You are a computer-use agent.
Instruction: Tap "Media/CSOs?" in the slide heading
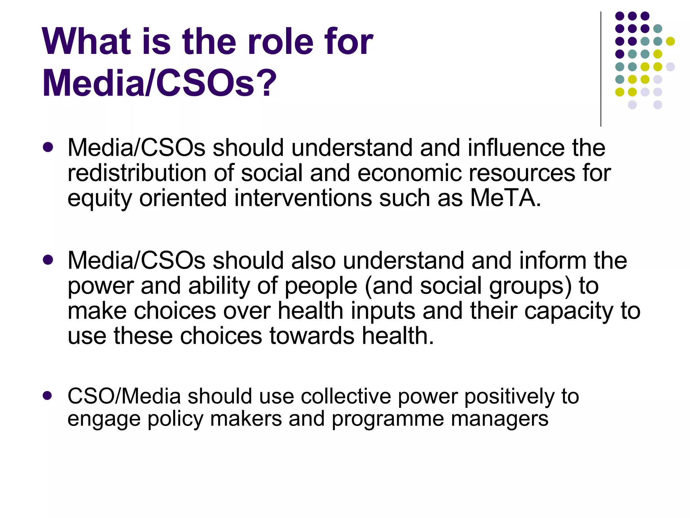[x=159, y=83]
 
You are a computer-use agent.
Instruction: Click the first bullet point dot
[x=48, y=147]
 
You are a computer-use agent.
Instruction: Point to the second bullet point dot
[x=48, y=260]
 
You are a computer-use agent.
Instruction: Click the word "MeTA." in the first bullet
[x=505, y=198]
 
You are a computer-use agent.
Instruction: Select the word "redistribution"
[x=137, y=173]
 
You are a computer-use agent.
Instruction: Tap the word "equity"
[x=100, y=199]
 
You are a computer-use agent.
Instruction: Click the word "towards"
[x=312, y=336]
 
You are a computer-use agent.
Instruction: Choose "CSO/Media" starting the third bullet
[x=124, y=396]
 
